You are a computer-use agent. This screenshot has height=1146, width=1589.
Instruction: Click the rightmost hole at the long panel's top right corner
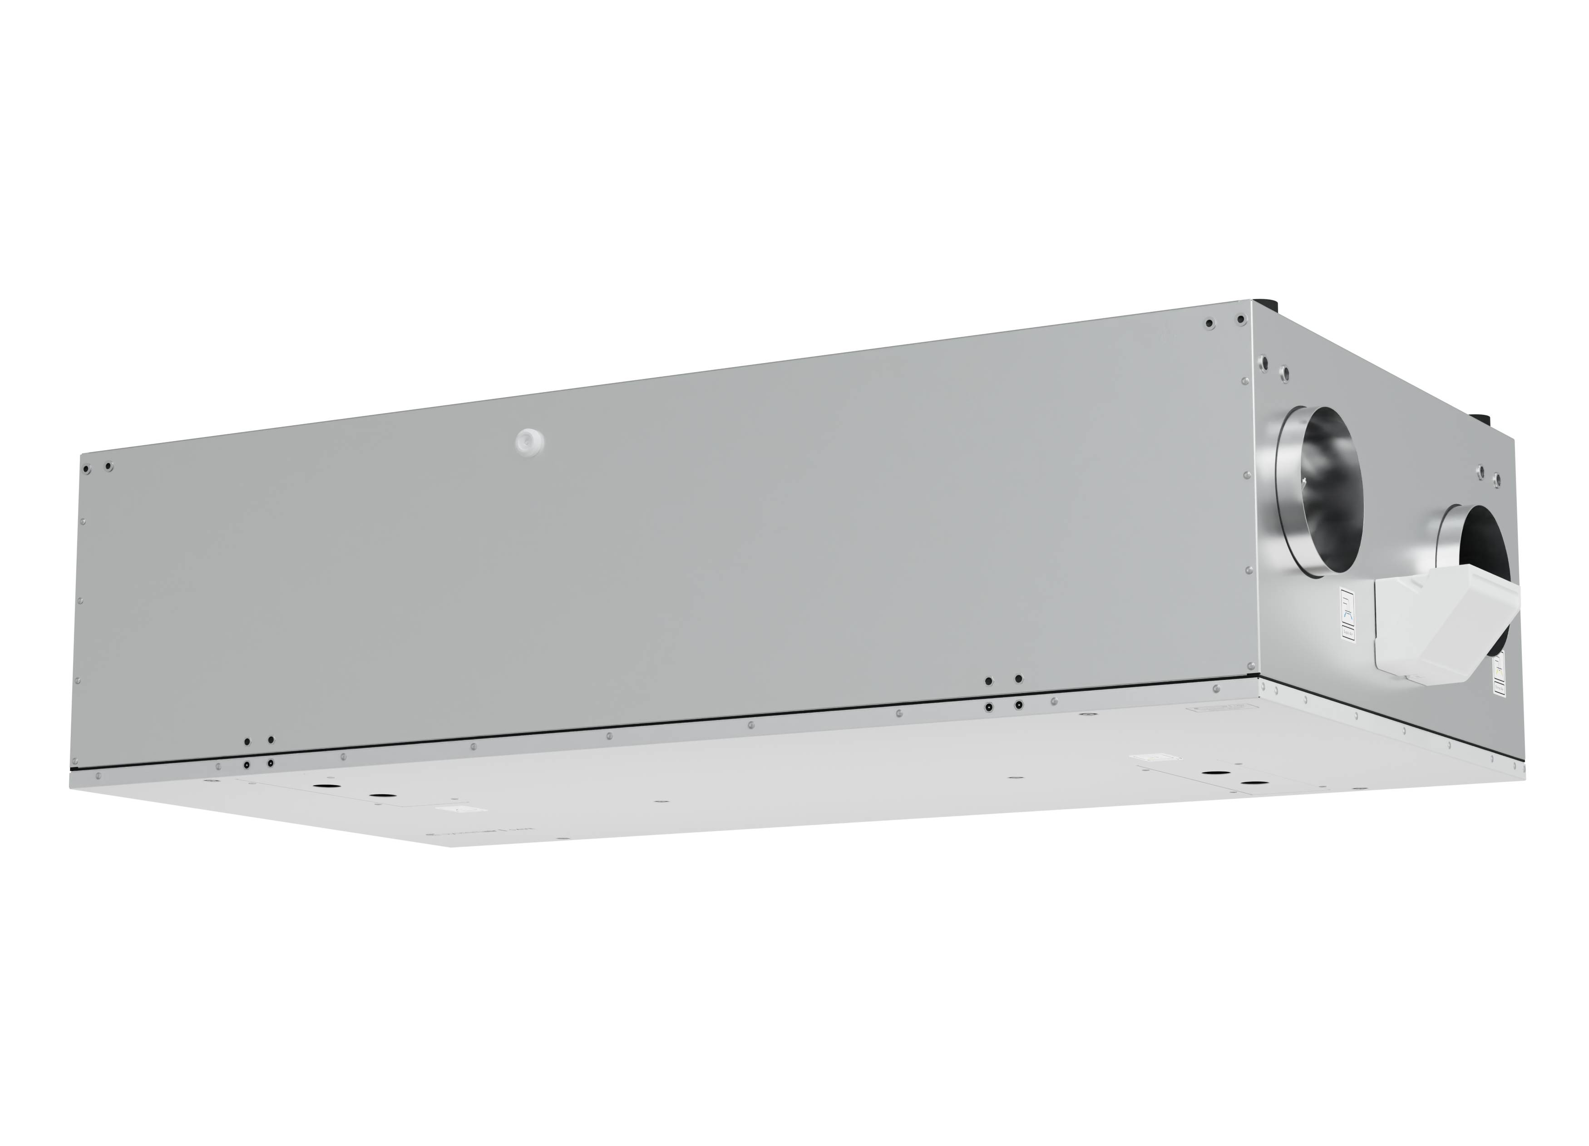click(1241, 320)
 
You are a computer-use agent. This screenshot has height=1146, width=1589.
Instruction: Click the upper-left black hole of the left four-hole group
click(247, 741)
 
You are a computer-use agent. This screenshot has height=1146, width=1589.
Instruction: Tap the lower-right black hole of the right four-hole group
click(1018, 705)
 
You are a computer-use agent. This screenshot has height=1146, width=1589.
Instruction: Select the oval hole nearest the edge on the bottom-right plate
click(1209, 773)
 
